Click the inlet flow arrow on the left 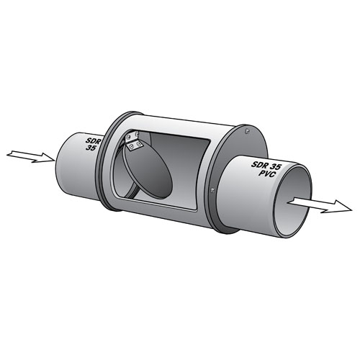coord(31,156)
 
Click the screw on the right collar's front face coord(214,189)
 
